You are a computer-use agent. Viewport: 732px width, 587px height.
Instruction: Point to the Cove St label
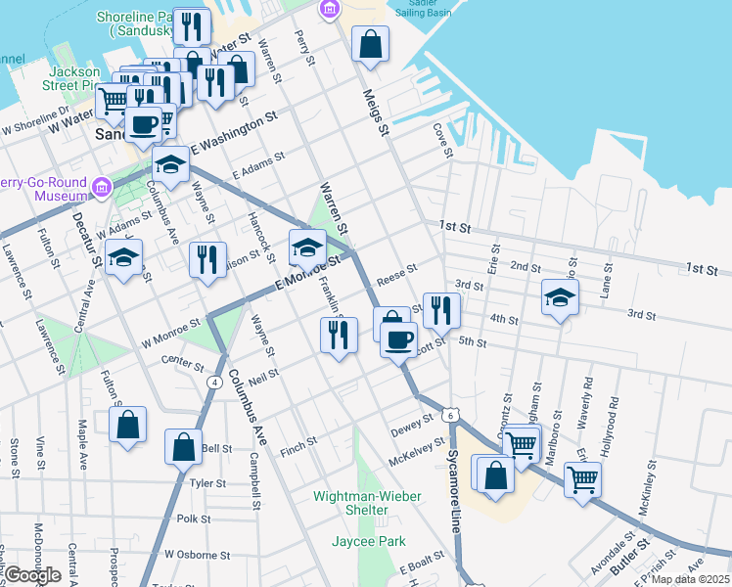point(443,140)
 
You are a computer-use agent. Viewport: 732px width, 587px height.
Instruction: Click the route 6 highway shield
point(447,415)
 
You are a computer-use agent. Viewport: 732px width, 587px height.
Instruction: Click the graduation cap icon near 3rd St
point(561,296)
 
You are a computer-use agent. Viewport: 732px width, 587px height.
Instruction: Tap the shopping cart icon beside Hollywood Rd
point(582,478)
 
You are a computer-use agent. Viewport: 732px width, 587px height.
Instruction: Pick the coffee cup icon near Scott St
point(398,339)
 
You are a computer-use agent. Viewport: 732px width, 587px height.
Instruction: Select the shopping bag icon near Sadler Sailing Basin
point(371,44)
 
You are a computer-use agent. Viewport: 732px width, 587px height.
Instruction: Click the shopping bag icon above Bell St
point(183,447)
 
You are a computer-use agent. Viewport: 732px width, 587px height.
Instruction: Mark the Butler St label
point(631,555)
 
